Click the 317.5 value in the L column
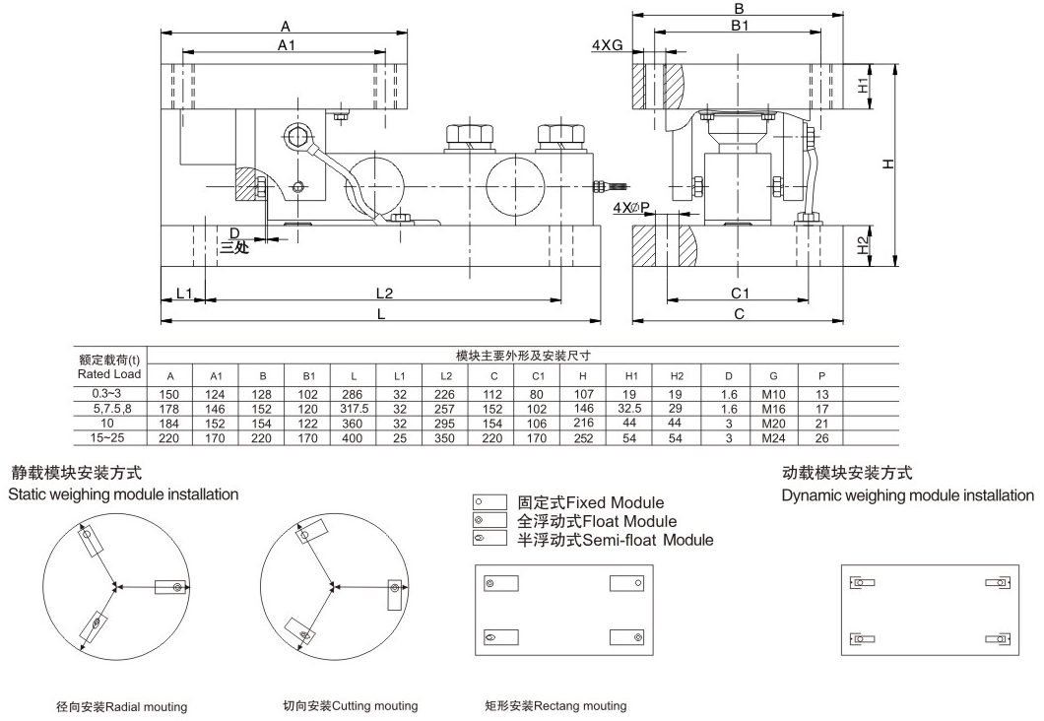(354, 407)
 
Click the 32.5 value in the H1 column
(630, 407)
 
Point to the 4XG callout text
(609, 46)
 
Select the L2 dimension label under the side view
(385, 294)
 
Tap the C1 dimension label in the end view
(741, 294)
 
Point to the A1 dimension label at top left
(287, 45)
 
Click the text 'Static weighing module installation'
(123, 494)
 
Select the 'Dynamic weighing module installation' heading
(907, 494)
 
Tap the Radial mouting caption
(122, 706)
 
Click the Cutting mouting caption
(350, 706)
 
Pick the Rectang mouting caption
(555, 706)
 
